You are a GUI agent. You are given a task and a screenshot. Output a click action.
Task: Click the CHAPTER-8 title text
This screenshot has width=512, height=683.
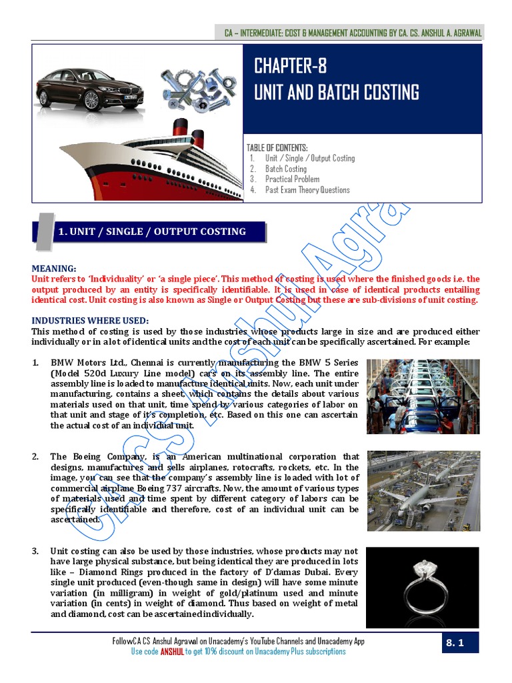point(290,67)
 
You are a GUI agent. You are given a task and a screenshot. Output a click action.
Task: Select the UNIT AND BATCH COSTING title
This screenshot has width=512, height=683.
point(336,92)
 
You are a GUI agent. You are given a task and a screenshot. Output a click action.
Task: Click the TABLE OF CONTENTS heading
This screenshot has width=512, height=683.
point(277,147)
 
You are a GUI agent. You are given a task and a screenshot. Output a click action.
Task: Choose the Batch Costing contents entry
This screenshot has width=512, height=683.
point(285,169)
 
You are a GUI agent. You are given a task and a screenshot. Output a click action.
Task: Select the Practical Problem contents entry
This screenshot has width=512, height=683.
point(292,179)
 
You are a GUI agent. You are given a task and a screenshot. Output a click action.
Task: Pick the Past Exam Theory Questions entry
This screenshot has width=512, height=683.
point(307,190)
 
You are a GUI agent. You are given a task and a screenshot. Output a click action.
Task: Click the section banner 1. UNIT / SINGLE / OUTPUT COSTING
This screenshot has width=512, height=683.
point(152,231)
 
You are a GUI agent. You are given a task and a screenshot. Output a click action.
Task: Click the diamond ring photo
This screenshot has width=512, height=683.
point(423,582)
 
